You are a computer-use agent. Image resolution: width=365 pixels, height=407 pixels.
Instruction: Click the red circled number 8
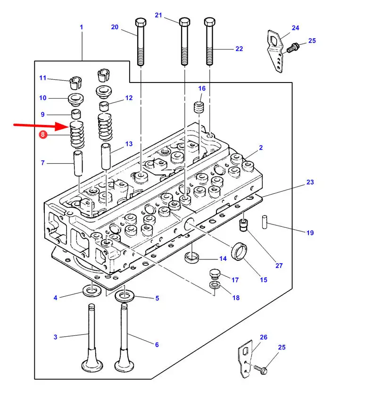point(43,134)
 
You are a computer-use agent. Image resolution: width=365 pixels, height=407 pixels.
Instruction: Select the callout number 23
point(310,182)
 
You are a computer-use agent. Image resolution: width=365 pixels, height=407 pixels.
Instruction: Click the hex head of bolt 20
point(141,22)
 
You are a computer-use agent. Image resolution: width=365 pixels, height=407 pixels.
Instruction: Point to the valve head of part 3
point(92,365)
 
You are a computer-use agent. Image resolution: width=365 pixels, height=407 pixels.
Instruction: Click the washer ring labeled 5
point(124,296)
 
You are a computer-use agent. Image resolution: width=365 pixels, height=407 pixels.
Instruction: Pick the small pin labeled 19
point(265,222)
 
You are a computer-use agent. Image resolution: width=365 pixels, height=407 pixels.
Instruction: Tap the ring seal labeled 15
point(240,252)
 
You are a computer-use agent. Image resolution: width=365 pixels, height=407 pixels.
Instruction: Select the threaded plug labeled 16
point(199,107)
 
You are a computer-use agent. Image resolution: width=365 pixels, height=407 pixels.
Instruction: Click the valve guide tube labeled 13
point(106,156)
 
